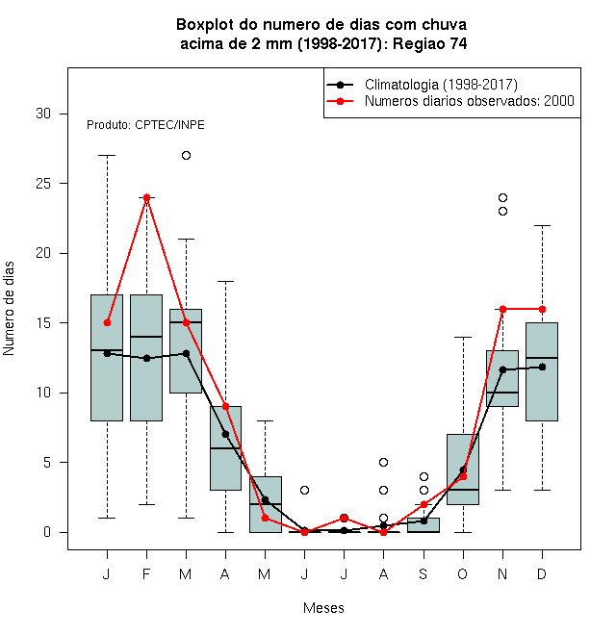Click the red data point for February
click(x=146, y=197)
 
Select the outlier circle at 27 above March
click(x=186, y=156)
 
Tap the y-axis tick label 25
click(x=43, y=184)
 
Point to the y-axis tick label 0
click(x=47, y=532)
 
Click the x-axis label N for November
click(x=502, y=573)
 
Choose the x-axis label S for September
click(x=423, y=573)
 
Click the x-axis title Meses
click(x=323, y=608)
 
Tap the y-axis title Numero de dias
click(x=9, y=309)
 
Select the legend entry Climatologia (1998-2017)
click(x=441, y=85)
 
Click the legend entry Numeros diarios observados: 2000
click(x=470, y=101)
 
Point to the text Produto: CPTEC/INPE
click(x=145, y=125)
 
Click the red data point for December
click(x=542, y=310)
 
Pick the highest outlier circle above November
click(x=502, y=197)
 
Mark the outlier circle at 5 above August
click(x=383, y=462)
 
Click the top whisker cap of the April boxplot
click(x=225, y=281)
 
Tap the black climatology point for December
click(x=542, y=367)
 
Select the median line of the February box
click(x=146, y=337)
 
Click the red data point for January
click(x=107, y=322)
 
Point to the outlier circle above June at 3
click(x=304, y=490)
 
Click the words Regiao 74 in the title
click(x=429, y=43)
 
